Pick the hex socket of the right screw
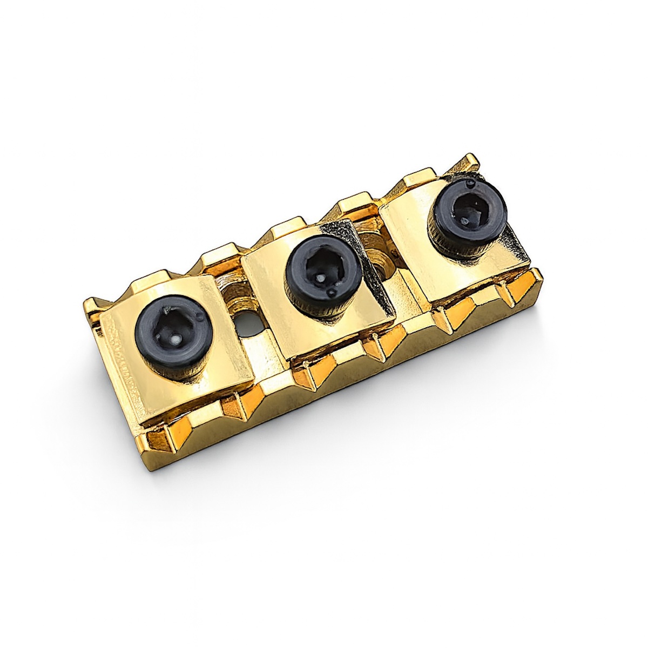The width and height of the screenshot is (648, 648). (x=467, y=211)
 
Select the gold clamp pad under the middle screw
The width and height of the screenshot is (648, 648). (x=335, y=319)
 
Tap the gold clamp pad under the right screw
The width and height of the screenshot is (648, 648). (x=475, y=259)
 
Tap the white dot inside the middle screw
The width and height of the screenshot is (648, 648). (x=320, y=279)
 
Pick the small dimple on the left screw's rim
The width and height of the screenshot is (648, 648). (x=200, y=316)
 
